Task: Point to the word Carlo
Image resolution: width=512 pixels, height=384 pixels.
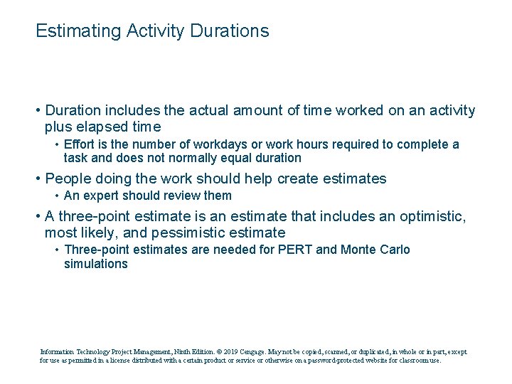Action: tap(395, 250)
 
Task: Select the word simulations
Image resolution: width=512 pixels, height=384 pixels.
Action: tap(96, 264)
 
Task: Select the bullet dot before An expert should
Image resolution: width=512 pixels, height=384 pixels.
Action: tap(57, 196)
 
